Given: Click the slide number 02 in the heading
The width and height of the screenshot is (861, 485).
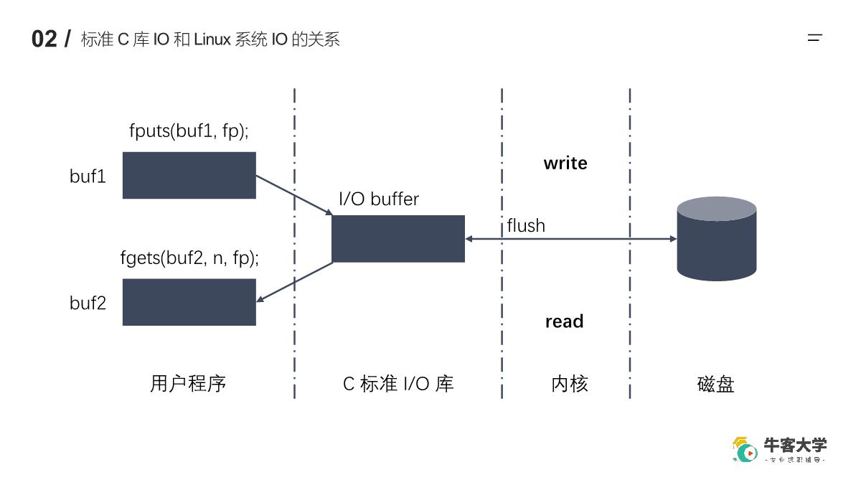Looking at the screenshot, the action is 44,39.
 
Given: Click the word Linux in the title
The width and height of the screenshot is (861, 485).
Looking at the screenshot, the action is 212,39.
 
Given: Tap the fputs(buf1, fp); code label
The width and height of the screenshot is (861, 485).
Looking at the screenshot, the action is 189,131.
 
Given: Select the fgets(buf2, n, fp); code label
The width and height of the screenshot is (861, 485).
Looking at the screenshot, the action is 189,258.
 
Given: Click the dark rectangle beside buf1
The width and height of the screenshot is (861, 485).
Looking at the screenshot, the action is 189,175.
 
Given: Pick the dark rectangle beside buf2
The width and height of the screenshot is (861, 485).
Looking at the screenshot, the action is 189,302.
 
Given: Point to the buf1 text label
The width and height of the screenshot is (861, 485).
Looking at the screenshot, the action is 88,176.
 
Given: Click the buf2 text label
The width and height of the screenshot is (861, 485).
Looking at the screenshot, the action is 88,303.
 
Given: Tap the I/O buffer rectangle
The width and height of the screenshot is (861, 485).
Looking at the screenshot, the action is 398,239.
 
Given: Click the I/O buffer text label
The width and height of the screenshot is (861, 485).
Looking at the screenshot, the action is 379,199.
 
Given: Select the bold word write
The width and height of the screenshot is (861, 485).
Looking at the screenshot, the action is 565,164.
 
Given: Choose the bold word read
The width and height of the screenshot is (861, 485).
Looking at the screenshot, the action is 564,321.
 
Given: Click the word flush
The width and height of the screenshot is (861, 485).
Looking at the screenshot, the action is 526,225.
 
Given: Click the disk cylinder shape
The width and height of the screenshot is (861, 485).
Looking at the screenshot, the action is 717,239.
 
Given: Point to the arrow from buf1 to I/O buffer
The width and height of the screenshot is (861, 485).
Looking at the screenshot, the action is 294,195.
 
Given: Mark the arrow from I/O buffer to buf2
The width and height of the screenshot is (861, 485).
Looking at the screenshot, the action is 294,282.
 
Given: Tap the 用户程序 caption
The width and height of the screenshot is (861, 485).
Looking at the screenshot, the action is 188,384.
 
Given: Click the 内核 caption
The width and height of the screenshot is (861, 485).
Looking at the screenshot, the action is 570,384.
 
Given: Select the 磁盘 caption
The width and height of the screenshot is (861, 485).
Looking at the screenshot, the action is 716,385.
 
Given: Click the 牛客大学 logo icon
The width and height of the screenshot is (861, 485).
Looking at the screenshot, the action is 745,450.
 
